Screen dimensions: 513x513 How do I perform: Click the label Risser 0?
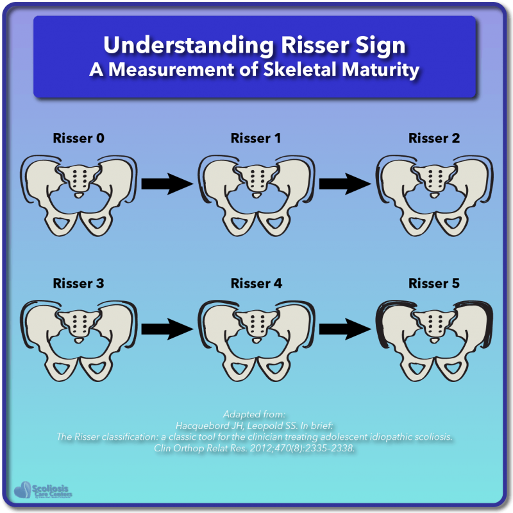(78, 139)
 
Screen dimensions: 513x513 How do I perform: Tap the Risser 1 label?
(256, 139)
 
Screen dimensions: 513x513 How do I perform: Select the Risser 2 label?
(434, 139)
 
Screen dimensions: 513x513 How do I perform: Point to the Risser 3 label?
(78, 283)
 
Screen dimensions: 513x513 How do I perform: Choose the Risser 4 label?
(256, 283)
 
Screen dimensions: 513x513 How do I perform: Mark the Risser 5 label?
(434, 283)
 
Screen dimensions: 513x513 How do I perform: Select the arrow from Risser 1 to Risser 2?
(345, 184)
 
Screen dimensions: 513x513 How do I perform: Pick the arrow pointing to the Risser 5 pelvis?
(345, 329)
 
